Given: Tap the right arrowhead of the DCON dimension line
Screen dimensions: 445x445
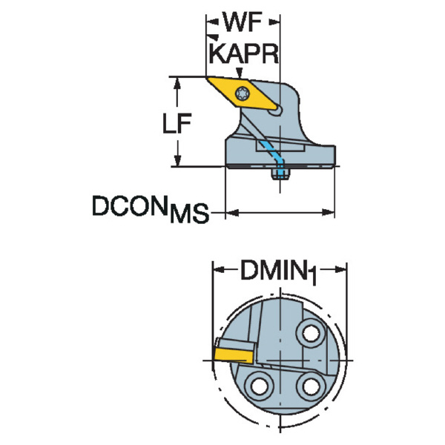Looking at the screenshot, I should (331, 214).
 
